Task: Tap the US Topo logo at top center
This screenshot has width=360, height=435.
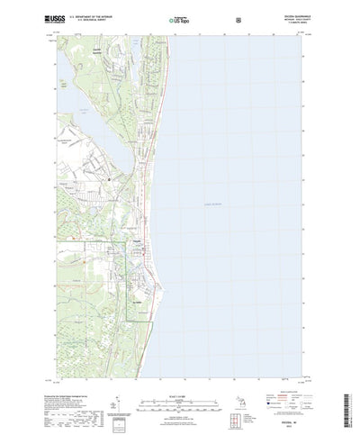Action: [x=179, y=18]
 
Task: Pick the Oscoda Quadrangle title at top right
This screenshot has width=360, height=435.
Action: [x=292, y=15]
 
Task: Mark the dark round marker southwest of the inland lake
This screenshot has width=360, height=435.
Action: [x=110, y=179]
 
